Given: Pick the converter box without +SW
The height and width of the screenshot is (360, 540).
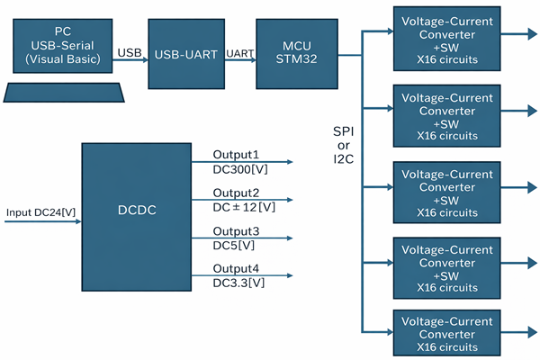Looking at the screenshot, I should (x=446, y=333).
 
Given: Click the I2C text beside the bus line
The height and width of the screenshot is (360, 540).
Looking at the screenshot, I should (x=344, y=160).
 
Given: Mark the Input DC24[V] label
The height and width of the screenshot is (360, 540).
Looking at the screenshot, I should (x=40, y=212).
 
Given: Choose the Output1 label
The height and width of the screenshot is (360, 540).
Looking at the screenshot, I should (x=236, y=155).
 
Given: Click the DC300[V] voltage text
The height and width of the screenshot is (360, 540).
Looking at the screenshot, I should (x=238, y=168).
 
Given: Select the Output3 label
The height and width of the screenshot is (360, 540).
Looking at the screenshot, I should (x=236, y=231).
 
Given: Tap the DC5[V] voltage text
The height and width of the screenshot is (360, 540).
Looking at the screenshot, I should (x=233, y=245).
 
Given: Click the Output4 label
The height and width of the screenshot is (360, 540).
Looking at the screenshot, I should (x=236, y=269).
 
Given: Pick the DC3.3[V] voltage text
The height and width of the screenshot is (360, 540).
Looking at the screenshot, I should (x=238, y=283).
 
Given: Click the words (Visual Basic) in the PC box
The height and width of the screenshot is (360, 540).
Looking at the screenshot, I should (x=62, y=61).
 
